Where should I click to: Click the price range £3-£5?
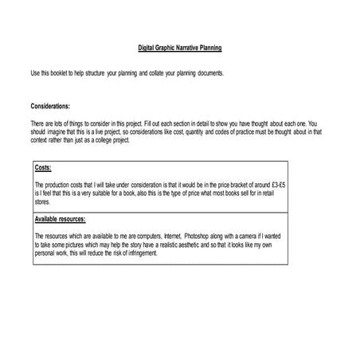275,183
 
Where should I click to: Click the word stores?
43,200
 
